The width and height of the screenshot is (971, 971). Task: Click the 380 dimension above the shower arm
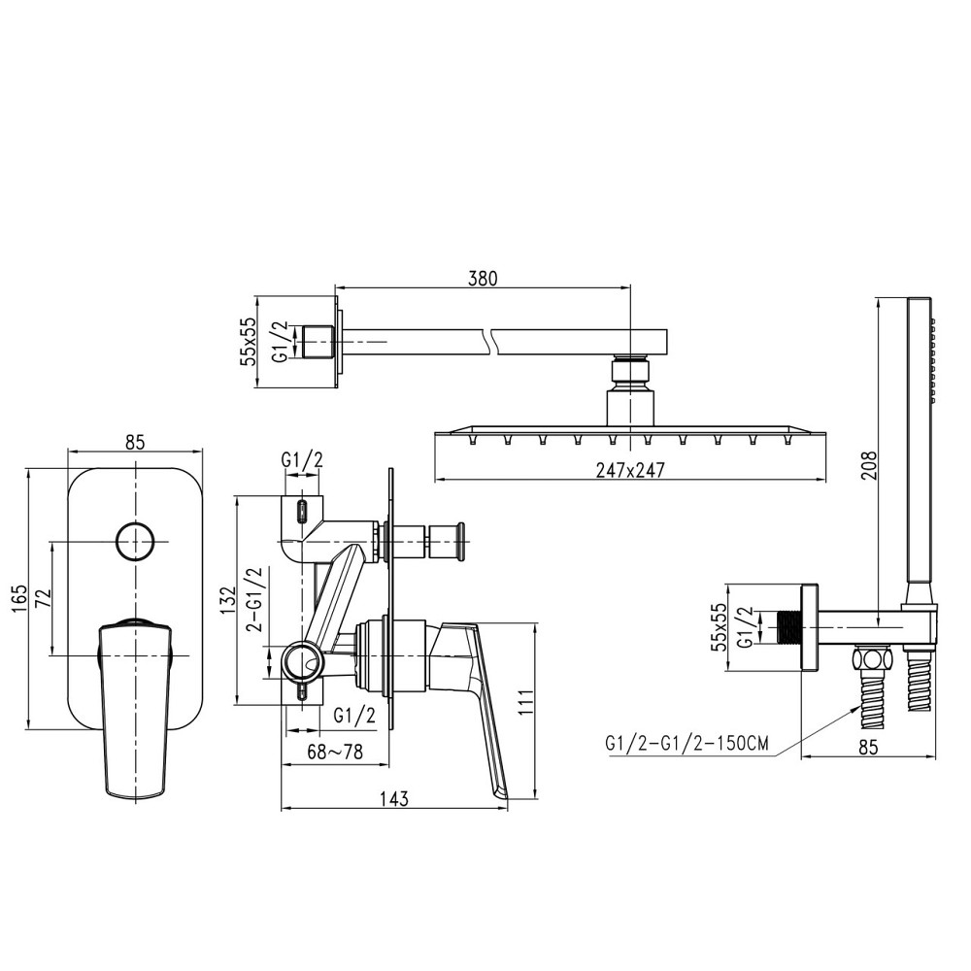pos(483,279)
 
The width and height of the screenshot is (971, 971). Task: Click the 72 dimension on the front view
pos(44,598)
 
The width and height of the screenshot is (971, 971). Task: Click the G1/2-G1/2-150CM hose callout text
pos(686,744)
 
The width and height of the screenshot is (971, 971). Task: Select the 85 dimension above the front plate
pos(134,442)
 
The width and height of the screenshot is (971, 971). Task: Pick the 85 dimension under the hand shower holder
pos(868,747)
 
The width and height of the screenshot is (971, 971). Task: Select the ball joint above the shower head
pos(630,374)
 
